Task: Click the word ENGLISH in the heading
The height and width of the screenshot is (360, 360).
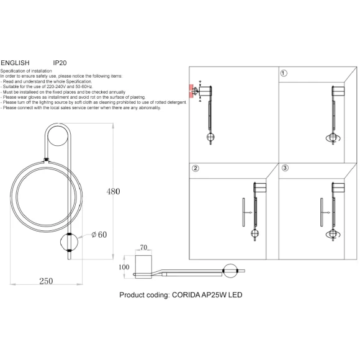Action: [x=15, y=63]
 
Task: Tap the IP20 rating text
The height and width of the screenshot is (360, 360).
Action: [x=60, y=63]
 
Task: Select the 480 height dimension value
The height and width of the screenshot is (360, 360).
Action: [x=113, y=191]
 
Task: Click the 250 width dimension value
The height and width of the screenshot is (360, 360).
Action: [x=46, y=281]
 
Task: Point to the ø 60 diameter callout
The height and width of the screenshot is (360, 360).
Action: [x=99, y=235]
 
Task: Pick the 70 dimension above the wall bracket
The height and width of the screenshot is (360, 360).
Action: [x=143, y=248]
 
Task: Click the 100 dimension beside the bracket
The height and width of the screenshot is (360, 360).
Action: [x=124, y=267]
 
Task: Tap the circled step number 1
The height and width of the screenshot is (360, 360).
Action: [x=284, y=73]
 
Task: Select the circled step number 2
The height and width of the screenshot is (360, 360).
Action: [x=195, y=168]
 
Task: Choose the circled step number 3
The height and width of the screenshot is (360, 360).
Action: [x=285, y=168]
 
